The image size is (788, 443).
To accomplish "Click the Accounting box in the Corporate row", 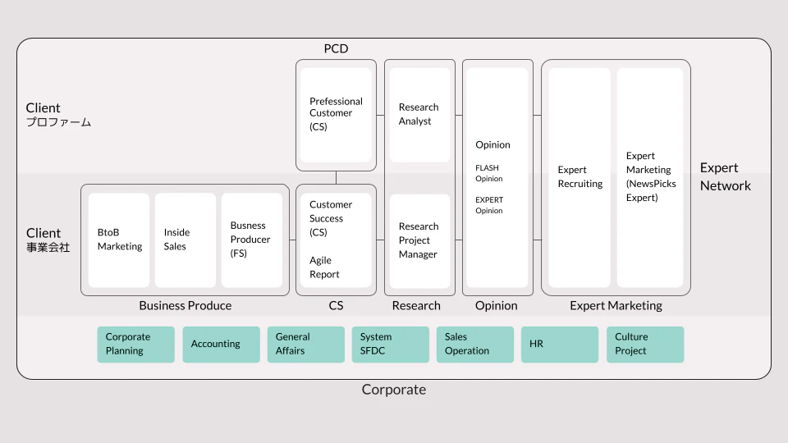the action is tap(221, 345).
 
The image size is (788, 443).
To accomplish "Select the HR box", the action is tap(560, 345).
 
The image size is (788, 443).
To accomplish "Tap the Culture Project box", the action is tap(645, 345).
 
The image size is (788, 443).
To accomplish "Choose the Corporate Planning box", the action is tap(136, 345).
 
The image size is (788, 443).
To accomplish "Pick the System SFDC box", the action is tap(391, 345).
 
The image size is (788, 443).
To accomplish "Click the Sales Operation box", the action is tap(475, 345).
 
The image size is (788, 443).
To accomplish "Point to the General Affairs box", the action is tap(306, 345).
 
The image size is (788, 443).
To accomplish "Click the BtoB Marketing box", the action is tap(119, 240).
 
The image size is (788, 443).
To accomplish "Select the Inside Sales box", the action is tap(186, 240).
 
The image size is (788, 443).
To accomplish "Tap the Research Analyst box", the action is tap(419, 115).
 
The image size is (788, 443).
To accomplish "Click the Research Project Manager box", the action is tap(419, 241).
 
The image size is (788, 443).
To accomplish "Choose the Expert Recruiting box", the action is tap(580, 178).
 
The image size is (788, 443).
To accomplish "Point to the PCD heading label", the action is tap(337, 48).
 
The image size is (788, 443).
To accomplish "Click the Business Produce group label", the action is tap(186, 305).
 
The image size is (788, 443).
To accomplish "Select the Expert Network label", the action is tap(725, 177).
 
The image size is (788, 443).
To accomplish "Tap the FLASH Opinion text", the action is tap(489, 173).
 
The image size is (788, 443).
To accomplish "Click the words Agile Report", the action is tap(325, 267).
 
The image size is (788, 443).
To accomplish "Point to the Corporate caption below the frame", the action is tap(394, 389).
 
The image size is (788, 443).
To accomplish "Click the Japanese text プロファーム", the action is tap(59, 122).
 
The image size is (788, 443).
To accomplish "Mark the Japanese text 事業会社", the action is tap(48, 247).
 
